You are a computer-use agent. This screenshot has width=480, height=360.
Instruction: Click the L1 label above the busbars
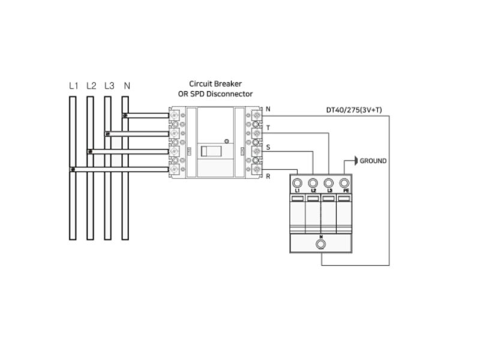point(73,86)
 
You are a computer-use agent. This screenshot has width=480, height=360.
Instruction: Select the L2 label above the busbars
point(91,86)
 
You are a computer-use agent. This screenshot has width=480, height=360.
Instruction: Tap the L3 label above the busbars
point(109,86)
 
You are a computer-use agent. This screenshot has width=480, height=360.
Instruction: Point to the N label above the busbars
point(127,86)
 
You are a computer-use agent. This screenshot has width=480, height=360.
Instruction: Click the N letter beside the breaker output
point(268,109)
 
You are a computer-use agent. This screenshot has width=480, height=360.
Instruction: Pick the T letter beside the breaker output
point(268,128)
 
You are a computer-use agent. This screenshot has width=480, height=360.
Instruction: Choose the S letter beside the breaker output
point(268,146)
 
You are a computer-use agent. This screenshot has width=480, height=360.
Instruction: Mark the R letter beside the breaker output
point(268,176)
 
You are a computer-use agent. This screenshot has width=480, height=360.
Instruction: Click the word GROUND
point(373,161)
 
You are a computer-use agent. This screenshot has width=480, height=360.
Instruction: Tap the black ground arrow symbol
point(355,161)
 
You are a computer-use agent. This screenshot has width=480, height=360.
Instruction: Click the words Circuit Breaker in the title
point(215,84)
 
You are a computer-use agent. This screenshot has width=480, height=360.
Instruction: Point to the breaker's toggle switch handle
point(211,151)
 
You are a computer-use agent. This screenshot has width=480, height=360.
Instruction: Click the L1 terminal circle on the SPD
point(297,182)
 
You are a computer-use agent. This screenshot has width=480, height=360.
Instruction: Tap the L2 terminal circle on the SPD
point(313,182)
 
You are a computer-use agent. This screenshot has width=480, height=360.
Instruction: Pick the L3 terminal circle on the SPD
point(328,182)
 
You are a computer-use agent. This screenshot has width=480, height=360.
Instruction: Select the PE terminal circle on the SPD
point(344,182)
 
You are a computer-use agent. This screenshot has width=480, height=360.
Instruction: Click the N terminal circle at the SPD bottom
point(320,244)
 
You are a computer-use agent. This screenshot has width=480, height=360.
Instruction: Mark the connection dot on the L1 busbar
point(73,170)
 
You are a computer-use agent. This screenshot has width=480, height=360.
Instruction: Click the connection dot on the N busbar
point(125,115)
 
